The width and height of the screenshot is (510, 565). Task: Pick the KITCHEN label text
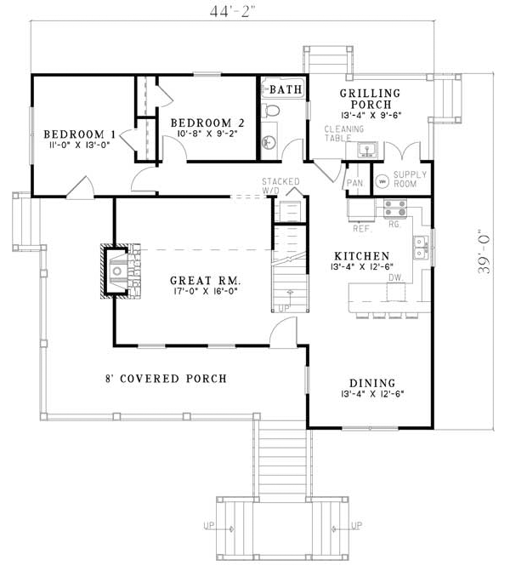click(x=361, y=256)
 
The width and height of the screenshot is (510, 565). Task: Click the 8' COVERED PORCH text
click(x=166, y=378)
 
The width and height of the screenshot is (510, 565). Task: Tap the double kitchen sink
click(x=420, y=247)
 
